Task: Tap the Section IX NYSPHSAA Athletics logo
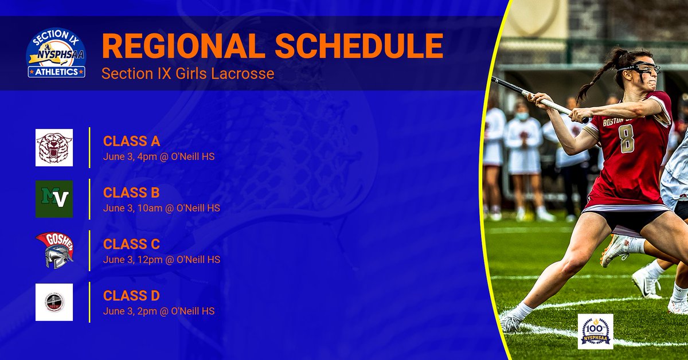point(56,54)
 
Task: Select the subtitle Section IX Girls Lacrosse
point(188,74)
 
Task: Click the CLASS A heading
point(131,141)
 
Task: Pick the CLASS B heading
point(131,193)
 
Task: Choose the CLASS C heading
point(131,244)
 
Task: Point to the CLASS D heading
point(131,296)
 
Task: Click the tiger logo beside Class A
point(54,147)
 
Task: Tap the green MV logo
point(54,199)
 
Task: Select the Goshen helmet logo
point(54,251)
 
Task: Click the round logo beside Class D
point(54,302)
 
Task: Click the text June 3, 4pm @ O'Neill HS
point(159,156)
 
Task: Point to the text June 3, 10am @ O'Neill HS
point(162,208)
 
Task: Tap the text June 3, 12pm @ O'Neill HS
point(162,259)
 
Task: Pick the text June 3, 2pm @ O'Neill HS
point(159,311)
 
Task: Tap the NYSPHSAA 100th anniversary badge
point(595,331)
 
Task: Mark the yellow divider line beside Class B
point(90,199)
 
